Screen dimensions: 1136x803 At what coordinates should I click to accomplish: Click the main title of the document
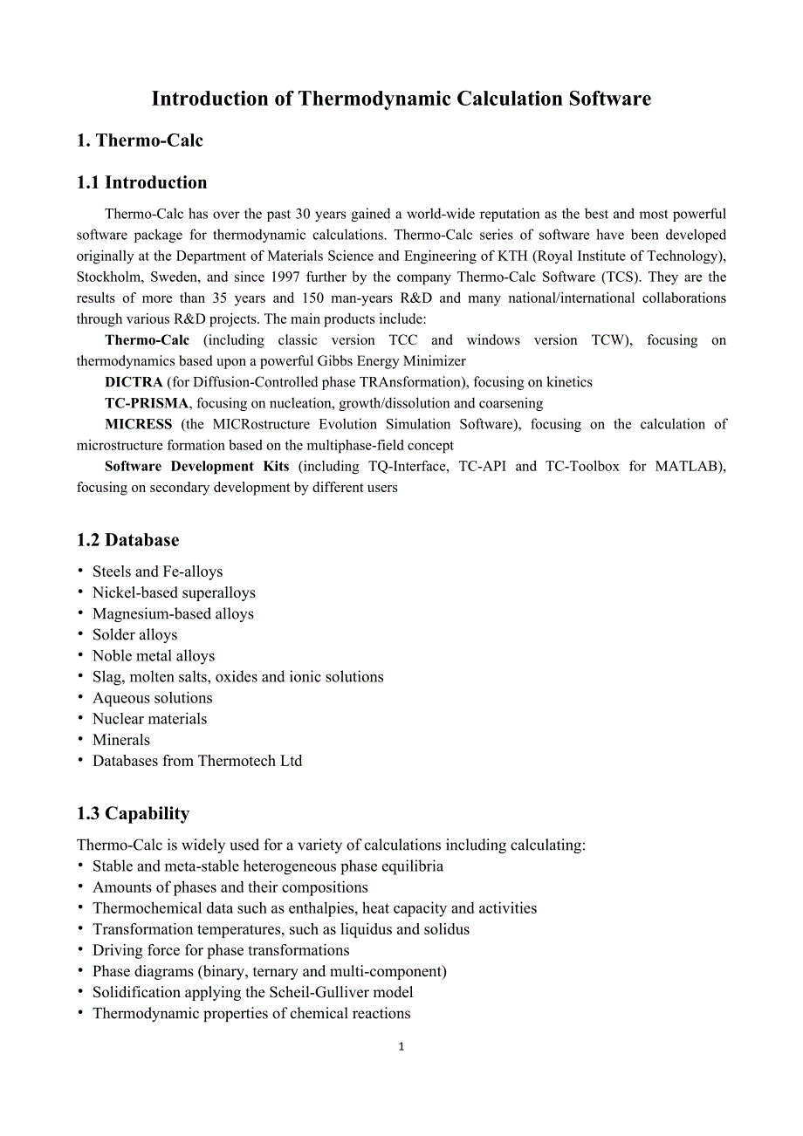click(401, 99)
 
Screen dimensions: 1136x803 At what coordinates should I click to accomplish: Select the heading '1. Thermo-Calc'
click(140, 141)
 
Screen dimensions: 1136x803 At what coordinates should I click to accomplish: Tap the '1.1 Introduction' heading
click(141, 182)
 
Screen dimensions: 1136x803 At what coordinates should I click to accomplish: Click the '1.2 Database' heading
click(127, 540)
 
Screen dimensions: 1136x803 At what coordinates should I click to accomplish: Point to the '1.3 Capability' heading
click(133, 813)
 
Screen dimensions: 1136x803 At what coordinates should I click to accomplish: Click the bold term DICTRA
click(134, 382)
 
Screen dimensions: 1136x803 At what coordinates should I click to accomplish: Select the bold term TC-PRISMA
click(146, 403)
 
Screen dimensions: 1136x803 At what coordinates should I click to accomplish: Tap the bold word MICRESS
click(138, 424)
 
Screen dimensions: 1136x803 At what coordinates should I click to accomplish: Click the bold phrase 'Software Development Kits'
click(196, 466)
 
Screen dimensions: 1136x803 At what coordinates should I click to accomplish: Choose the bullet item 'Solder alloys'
click(134, 635)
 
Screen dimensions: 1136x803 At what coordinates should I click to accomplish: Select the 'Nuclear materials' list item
click(149, 719)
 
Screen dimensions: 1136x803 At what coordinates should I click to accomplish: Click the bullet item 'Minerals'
click(121, 740)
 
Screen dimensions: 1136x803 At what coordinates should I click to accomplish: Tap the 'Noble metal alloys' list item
click(153, 656)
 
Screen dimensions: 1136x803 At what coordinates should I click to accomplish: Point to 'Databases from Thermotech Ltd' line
click(197, 761)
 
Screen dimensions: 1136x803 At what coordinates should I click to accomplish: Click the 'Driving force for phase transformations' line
click(221, 950)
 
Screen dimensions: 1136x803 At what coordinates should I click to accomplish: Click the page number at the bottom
click(401, 1047)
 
